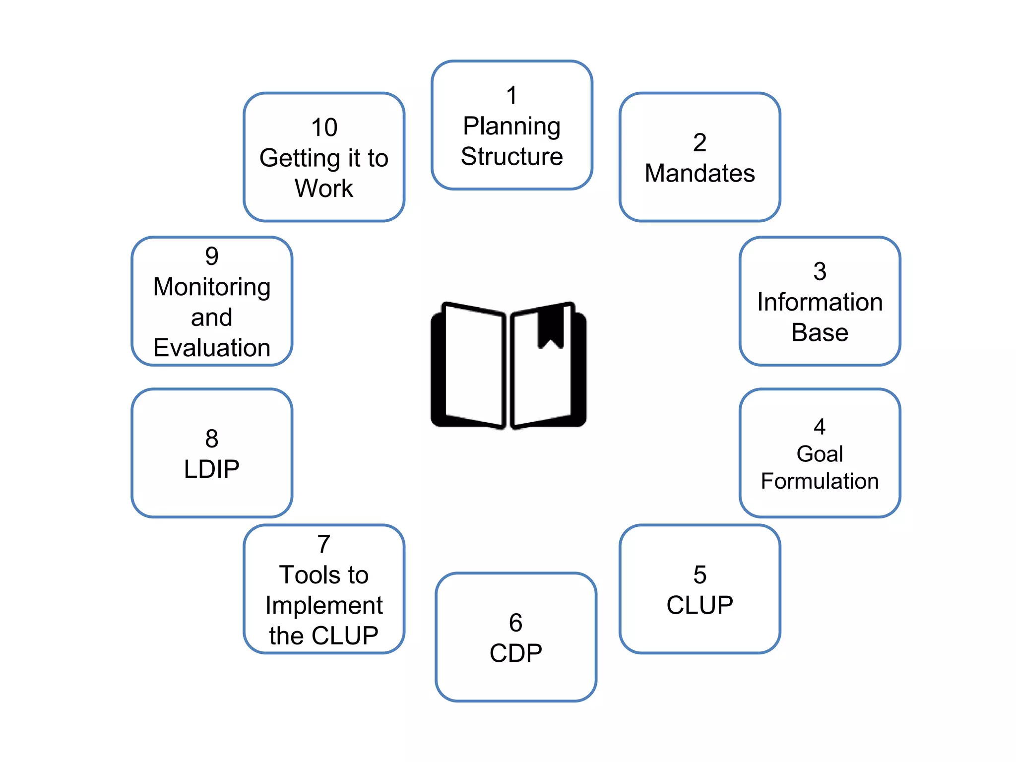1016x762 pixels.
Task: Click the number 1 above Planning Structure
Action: click(511, 96)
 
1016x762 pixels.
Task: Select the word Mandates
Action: click(699, 174)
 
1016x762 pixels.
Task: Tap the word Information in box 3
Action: click(820, 302)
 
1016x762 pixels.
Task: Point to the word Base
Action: click(820, 332)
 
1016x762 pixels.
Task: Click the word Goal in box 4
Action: click(820, 454)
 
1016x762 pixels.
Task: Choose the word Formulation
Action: click(820, 481)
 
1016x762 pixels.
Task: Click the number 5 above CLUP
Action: click(699, 575)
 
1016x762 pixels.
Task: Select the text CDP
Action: click(515, 653)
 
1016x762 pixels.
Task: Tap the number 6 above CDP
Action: click(515, 623)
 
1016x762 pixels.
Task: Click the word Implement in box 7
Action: click(324, 606)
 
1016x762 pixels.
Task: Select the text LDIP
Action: click(211, 469)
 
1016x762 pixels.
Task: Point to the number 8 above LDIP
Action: click(211, 439)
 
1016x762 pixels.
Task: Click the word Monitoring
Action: click(211, 287)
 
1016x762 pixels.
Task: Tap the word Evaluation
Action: click(211, 348)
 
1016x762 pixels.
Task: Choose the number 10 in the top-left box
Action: click(324, 128)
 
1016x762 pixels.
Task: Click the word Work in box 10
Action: click(324, 189)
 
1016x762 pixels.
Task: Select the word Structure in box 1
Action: click(511, 157)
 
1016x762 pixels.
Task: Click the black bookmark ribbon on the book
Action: click(551, 325)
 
